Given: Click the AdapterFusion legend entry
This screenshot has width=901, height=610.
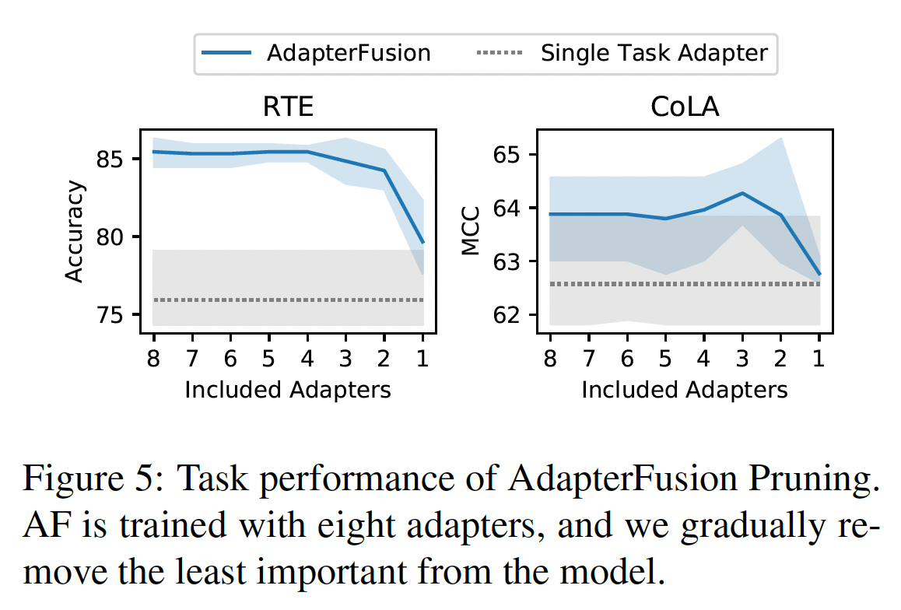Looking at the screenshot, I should tap(315, 53).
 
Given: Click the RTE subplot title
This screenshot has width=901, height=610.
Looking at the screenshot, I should tap(288, 107).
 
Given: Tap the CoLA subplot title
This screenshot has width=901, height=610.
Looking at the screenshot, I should tap(685, 107).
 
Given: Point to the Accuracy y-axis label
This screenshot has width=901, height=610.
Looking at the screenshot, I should tap(74, 231).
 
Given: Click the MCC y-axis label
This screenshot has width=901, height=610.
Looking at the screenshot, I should tap(471, 231).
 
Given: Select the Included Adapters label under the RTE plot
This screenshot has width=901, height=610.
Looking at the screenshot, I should tap(288, 389).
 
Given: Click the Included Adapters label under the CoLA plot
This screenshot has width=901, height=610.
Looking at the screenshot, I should tap(685, 389).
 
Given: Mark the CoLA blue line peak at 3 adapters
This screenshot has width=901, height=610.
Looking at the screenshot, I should tap(743, 193).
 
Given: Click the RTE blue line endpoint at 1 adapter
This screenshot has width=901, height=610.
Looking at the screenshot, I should tap(422, 243).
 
